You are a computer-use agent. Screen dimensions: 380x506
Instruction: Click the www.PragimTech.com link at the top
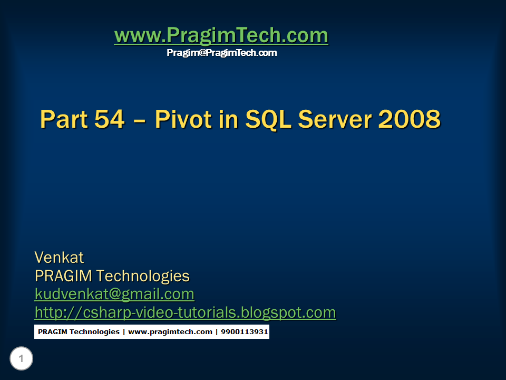coord(221,36)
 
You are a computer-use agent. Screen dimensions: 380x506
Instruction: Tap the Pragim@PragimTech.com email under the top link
coord(221,53)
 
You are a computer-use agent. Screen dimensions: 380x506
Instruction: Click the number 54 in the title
coord(110,119)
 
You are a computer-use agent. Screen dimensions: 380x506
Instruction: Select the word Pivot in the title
coord(182,119)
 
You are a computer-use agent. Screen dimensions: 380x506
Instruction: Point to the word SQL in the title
coord(269,119)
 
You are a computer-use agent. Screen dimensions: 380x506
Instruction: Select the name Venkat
coord(59,258)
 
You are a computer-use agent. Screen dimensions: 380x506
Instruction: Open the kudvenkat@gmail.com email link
coord(114,294)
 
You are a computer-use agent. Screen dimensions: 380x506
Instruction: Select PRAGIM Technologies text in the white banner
coord(79,332)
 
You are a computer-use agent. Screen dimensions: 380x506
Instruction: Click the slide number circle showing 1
coord(21,359)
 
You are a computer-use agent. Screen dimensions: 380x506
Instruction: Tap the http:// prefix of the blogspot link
coord(57,312)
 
